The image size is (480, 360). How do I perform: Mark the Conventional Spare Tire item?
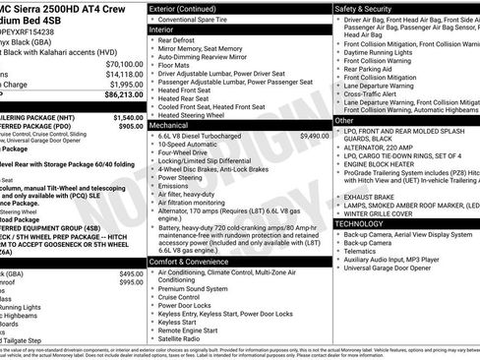pos(201,20)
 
